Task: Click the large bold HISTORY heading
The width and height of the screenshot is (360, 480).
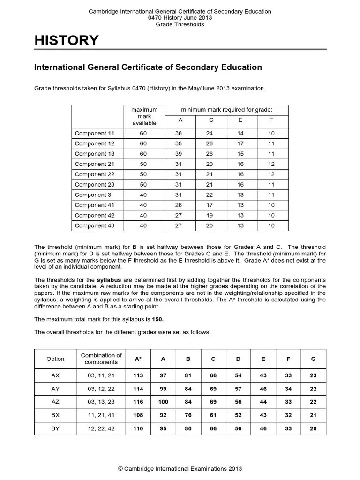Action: [67, 41]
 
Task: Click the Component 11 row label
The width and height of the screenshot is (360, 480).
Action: [95, 133]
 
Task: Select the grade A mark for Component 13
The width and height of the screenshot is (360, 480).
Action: [180, 154]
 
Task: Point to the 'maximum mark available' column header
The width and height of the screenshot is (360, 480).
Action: [144, 116]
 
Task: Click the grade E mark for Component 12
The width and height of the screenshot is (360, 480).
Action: [240, 143]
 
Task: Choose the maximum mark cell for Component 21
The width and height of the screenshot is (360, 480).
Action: [143, 164]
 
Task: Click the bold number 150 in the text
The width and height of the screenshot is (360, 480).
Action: [158, 319]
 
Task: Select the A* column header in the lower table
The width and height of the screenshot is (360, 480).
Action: [138, 359]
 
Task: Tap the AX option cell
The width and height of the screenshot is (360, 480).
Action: [55, 375]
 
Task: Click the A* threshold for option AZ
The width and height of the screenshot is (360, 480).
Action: [138, 402]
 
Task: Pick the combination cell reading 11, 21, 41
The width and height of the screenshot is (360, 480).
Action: [101, 415]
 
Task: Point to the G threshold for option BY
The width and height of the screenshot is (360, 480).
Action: [313, 428]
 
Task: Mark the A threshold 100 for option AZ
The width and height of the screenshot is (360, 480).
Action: [163, 402]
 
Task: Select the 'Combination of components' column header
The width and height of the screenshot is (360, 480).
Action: [101, 359]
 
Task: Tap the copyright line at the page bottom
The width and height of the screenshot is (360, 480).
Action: [180, 469]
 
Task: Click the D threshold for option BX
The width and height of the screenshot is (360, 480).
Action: [238, 415]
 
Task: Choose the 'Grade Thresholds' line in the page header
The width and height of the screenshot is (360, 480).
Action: [180, 24]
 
